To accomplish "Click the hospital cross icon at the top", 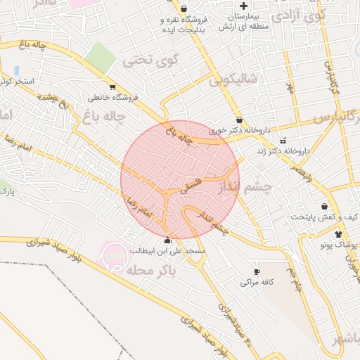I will coord(243,6).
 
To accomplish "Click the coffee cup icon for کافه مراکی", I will coord(257,271).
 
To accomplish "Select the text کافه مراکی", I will coord(257,283).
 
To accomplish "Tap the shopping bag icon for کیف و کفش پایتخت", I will coord(324,207).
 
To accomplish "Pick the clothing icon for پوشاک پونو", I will coord(338,234).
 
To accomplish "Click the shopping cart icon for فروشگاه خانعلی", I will coord(112,87).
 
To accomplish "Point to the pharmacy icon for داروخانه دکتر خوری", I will coord(240,120).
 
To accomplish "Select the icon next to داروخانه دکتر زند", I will coord(283,141).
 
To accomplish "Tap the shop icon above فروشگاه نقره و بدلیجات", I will coord(184,9).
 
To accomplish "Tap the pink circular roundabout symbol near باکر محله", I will coord(112,256).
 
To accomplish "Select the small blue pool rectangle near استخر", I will coord(15,71).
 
